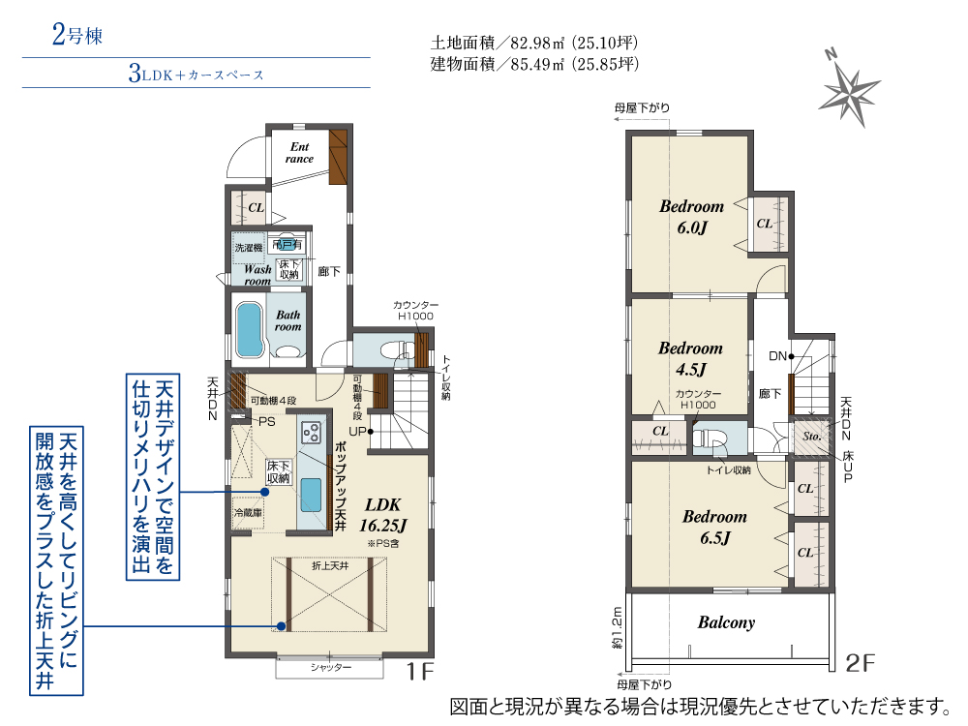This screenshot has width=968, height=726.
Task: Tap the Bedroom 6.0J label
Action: pyautogui.click(x=691, y=216)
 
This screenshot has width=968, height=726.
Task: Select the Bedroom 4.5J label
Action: pyautogui.click(x=690, y=358)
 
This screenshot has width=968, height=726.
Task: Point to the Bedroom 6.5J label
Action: pyautogui.click(x=714, y=527)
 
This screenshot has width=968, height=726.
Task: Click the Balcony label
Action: pyautogui.click(x=726, y=622)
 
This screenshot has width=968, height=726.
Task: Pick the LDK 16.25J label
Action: pyautogui.click(x=382, y=515)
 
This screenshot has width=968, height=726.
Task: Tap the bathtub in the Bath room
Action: pyautogui.click(x=250, y=329)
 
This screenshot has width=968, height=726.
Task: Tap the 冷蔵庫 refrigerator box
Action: pyautogui.click(x=247, y=512)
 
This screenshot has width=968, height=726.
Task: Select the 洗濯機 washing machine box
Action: pyautogui.click(x=248, y=248)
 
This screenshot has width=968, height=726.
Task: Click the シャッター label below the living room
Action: pyautogui.click(x=331, y=668)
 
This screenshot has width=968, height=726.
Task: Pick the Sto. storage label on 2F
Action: pyautogui.click(x=811, y=437)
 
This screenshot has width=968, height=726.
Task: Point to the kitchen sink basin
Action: pyautogui.click(x=312, y=495)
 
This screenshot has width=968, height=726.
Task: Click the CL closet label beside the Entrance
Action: pyautogui.click(x=256, y=207)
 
